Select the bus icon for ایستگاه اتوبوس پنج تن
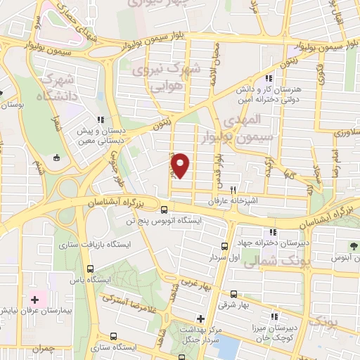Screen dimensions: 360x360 (164, 209)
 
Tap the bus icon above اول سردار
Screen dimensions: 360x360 (225, 246)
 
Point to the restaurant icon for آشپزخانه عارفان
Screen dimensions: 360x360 (233, 190)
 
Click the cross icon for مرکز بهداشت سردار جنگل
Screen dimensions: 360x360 (201, 318)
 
